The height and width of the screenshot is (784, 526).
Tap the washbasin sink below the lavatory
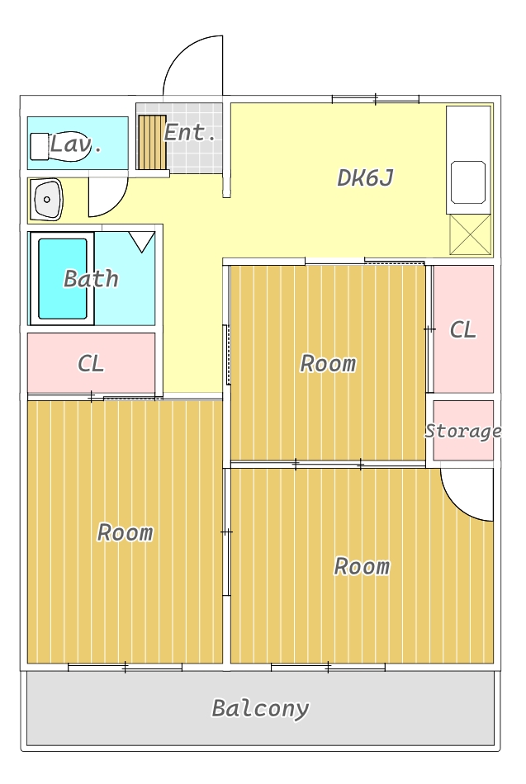pyautogui.click(x=46, y=199)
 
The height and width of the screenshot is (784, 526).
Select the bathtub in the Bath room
pyautogui.click(x=63, y=278)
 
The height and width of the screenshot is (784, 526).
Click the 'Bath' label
pyautogui.click(x=91, y=278)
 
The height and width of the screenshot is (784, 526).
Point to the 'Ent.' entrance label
pyautogui.click(x=190, y=133)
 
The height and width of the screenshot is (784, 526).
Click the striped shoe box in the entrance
pyautogui.click(x=152, y=143)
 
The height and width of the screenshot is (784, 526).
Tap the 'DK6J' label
pyautogui.click(x=365, y=177)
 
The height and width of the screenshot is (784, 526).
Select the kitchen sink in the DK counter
pyautogui.click(x=468, y=182)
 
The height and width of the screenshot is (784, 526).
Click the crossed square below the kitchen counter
pyautogui.click(x=470, y=234)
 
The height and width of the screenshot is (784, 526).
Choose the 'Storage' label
pyautogui.click(x=463, y=431)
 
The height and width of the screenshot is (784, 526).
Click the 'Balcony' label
pyautogui.click(x=260, y=709)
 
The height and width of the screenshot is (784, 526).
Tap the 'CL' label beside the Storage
pyautogui.click(x=462, y=330)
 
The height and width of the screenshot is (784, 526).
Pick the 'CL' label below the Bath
pyautogui.click(x=91, y=363)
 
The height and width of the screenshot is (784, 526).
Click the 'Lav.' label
pyautogui.click(x=76, y=144)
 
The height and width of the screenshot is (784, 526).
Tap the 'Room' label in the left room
pyautogui.click(x=126, y=532)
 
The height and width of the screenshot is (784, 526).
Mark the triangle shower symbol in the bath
pyautogui.click(x=142, y=242)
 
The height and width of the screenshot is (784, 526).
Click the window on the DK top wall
pyautogui.click(x=376, y=99)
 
